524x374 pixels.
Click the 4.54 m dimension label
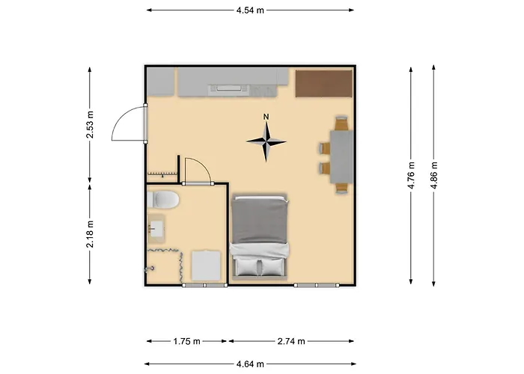pos(250,10)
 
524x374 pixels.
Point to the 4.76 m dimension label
pos(411,175)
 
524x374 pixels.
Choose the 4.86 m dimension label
pos(433,175)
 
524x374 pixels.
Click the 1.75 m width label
pos(186,341)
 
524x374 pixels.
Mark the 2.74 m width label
pos(290,341)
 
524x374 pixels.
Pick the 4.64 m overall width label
pos(250,364)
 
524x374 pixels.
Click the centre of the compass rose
pos(266,141)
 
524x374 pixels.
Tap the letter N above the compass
pos(266,117)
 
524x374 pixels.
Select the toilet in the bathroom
pos(163,200)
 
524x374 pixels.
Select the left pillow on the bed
pos(247,266)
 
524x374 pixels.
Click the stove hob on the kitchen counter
pos(229,89)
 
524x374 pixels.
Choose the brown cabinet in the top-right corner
pos(323,83)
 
